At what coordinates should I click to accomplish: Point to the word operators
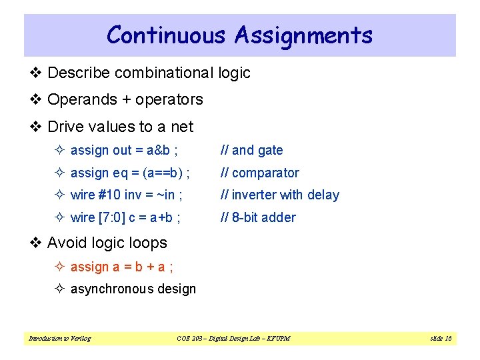click(169, 100)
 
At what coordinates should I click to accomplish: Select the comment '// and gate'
click(253, 151)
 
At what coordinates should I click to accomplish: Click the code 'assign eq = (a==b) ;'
click(130, 173)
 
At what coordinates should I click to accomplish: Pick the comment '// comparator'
click(261, 173)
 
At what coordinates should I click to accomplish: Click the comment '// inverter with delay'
click(281, 195)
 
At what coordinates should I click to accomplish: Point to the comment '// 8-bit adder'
click(259, 217)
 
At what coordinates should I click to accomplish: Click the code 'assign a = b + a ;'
click(122, 267)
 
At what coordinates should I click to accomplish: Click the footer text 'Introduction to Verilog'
click(60, 339)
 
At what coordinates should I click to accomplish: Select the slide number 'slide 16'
click(441, 339)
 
